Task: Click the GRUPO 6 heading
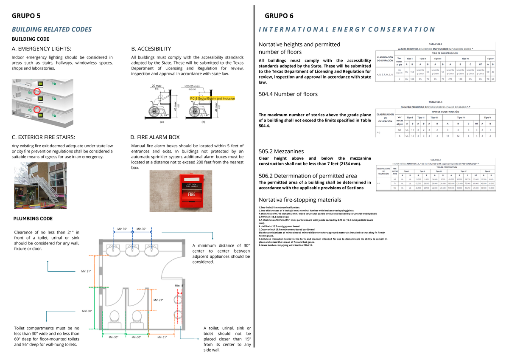279,16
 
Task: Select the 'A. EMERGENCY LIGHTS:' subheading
41,49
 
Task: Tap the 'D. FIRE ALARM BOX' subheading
155,137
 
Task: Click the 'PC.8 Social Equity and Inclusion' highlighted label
212,98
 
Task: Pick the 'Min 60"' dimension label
87,311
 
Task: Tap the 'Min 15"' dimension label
180,286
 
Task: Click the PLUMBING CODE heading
34,219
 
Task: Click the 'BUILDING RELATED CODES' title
51,29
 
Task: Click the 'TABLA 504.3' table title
436,44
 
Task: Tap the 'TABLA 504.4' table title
436,102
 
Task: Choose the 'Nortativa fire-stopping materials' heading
299,200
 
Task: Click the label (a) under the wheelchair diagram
162,122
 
